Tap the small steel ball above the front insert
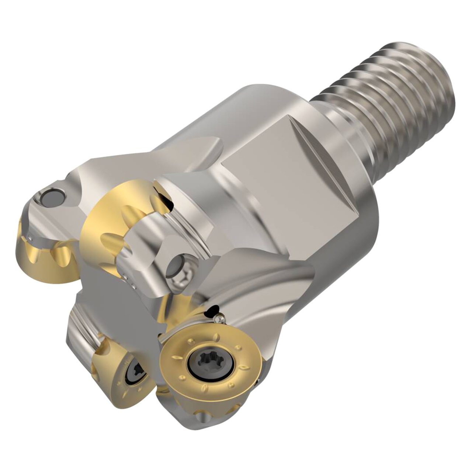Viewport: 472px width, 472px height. click(221, 318)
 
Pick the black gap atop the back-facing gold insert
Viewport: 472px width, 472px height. click(165, 198)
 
